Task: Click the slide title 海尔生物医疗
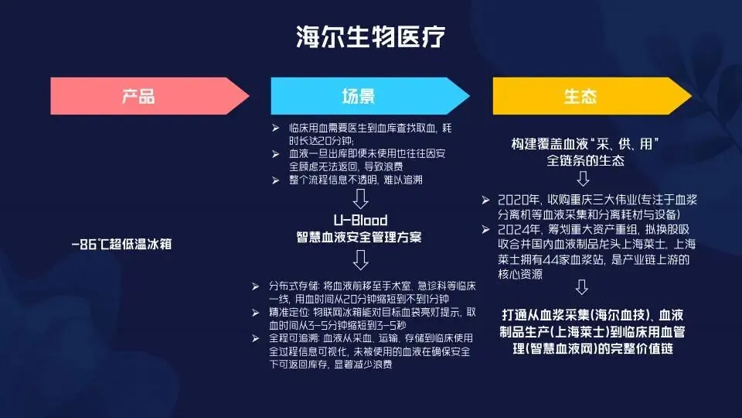(371, 36)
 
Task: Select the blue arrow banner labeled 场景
(359, 97)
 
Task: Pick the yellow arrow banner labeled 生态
(580, 97)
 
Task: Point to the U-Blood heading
(359, 220)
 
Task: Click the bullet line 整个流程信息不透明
(356, 180)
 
